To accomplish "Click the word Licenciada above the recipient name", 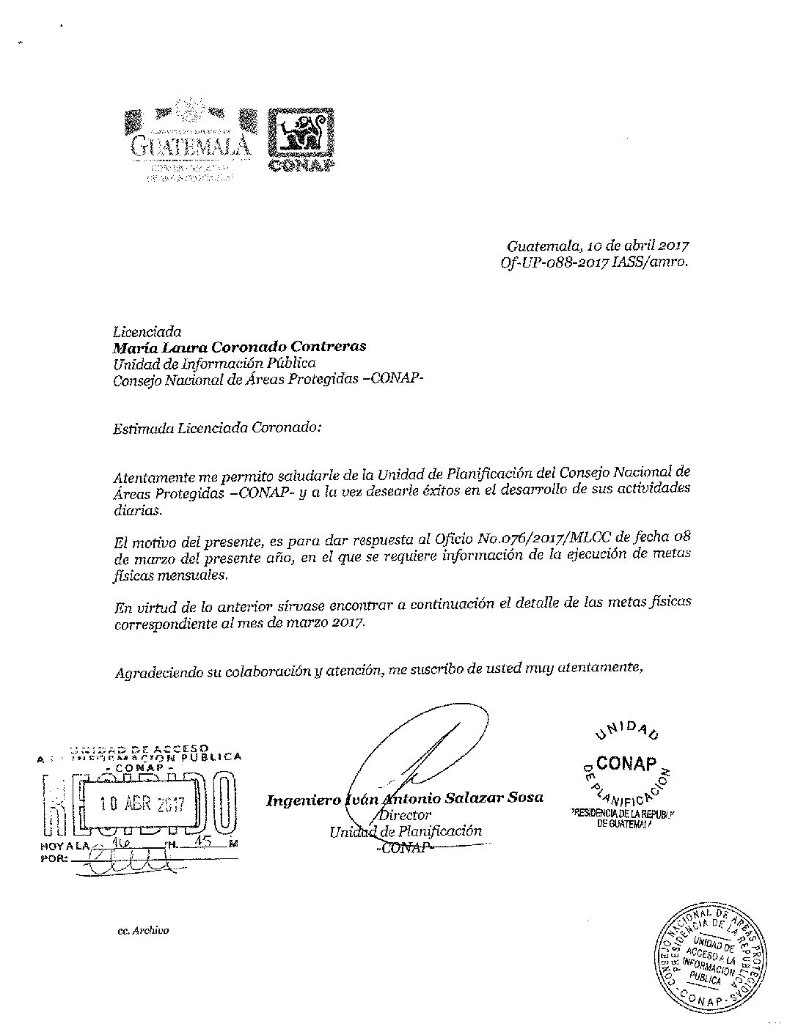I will click(147, 332).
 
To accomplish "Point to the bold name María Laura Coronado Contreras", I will click(239, 347).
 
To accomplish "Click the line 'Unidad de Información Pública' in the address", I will click(214, 363).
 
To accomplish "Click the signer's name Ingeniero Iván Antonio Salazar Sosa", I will click(404, 798).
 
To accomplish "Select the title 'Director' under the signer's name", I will click(405, 814).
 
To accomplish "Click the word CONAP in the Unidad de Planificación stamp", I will click(626, 763).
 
